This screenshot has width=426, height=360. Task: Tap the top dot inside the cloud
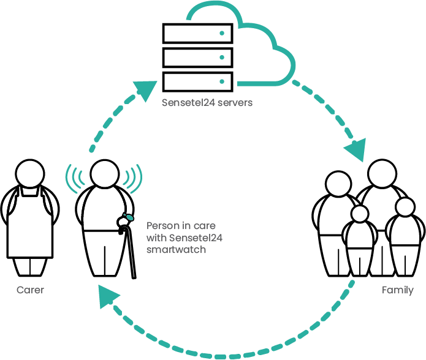coord(222,33)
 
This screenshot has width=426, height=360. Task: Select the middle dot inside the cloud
coord(222,58)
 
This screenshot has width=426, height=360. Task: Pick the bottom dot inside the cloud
coord(222,81)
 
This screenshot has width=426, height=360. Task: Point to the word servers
coord(235,103)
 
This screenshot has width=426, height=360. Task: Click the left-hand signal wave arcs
coord(74,178)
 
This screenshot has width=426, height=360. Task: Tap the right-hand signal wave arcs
coord(133,178)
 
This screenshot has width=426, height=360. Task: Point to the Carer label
coord(30,290)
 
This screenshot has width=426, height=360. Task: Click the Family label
coord(397,290)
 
